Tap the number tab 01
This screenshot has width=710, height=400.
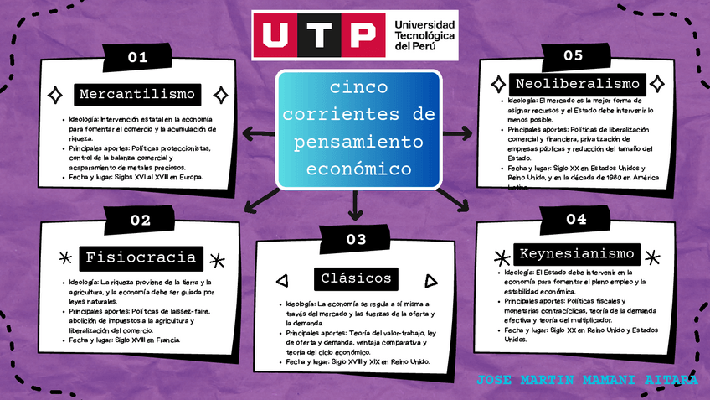click(137, 57)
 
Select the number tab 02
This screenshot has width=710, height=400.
click(140, 221)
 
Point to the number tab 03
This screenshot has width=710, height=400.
click(356, 240)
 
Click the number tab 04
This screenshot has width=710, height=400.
click(576, 220)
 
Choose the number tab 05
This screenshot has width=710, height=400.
click(574, 56)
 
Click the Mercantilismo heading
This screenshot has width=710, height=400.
click(138, 93)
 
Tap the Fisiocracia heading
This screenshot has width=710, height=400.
click(140, 257)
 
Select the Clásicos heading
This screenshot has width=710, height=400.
click(357, 278)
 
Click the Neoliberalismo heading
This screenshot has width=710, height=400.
click(578, 84)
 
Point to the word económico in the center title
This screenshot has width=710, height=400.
click(360, 168)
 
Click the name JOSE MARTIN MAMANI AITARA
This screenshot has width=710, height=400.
click(586, 380)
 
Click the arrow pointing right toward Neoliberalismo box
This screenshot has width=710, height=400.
click(457, 132)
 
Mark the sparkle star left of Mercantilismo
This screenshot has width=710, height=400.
click(55, 94)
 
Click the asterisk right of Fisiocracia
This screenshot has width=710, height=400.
click(217, 260)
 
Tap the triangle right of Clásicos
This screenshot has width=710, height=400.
click(430, 281)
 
